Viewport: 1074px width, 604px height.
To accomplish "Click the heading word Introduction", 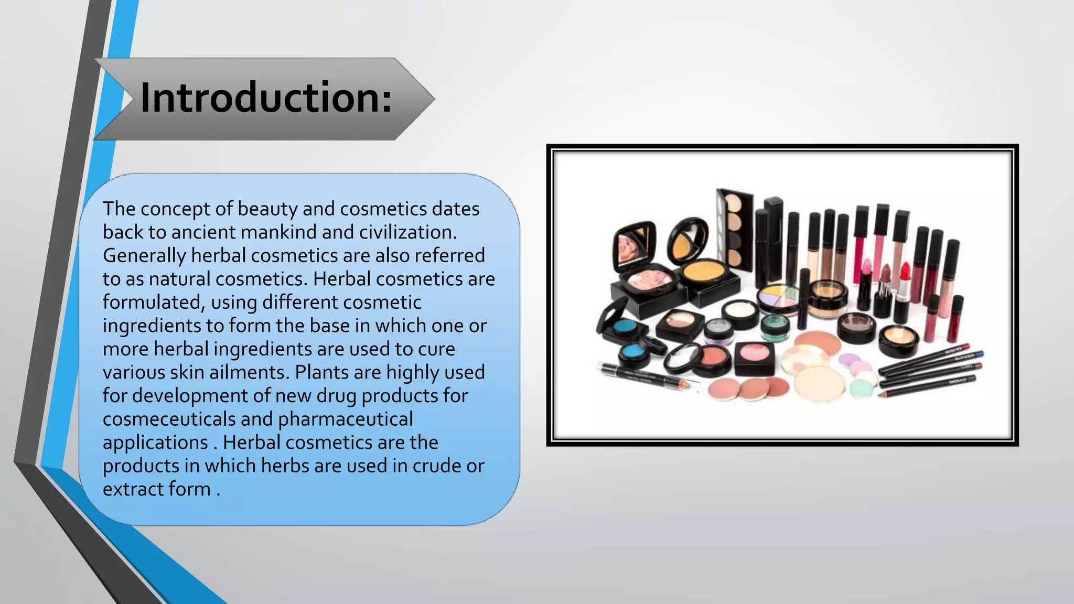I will click(x=265, y=98).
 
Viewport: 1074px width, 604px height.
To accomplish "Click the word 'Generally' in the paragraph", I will click(x=144, y=256).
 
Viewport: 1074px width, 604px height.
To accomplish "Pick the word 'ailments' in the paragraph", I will click(x=249, y=372).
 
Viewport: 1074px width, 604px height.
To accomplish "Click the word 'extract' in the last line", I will click(x=133, y=489).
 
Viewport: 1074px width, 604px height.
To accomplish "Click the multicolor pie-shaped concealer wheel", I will click(x=778, y=296).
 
